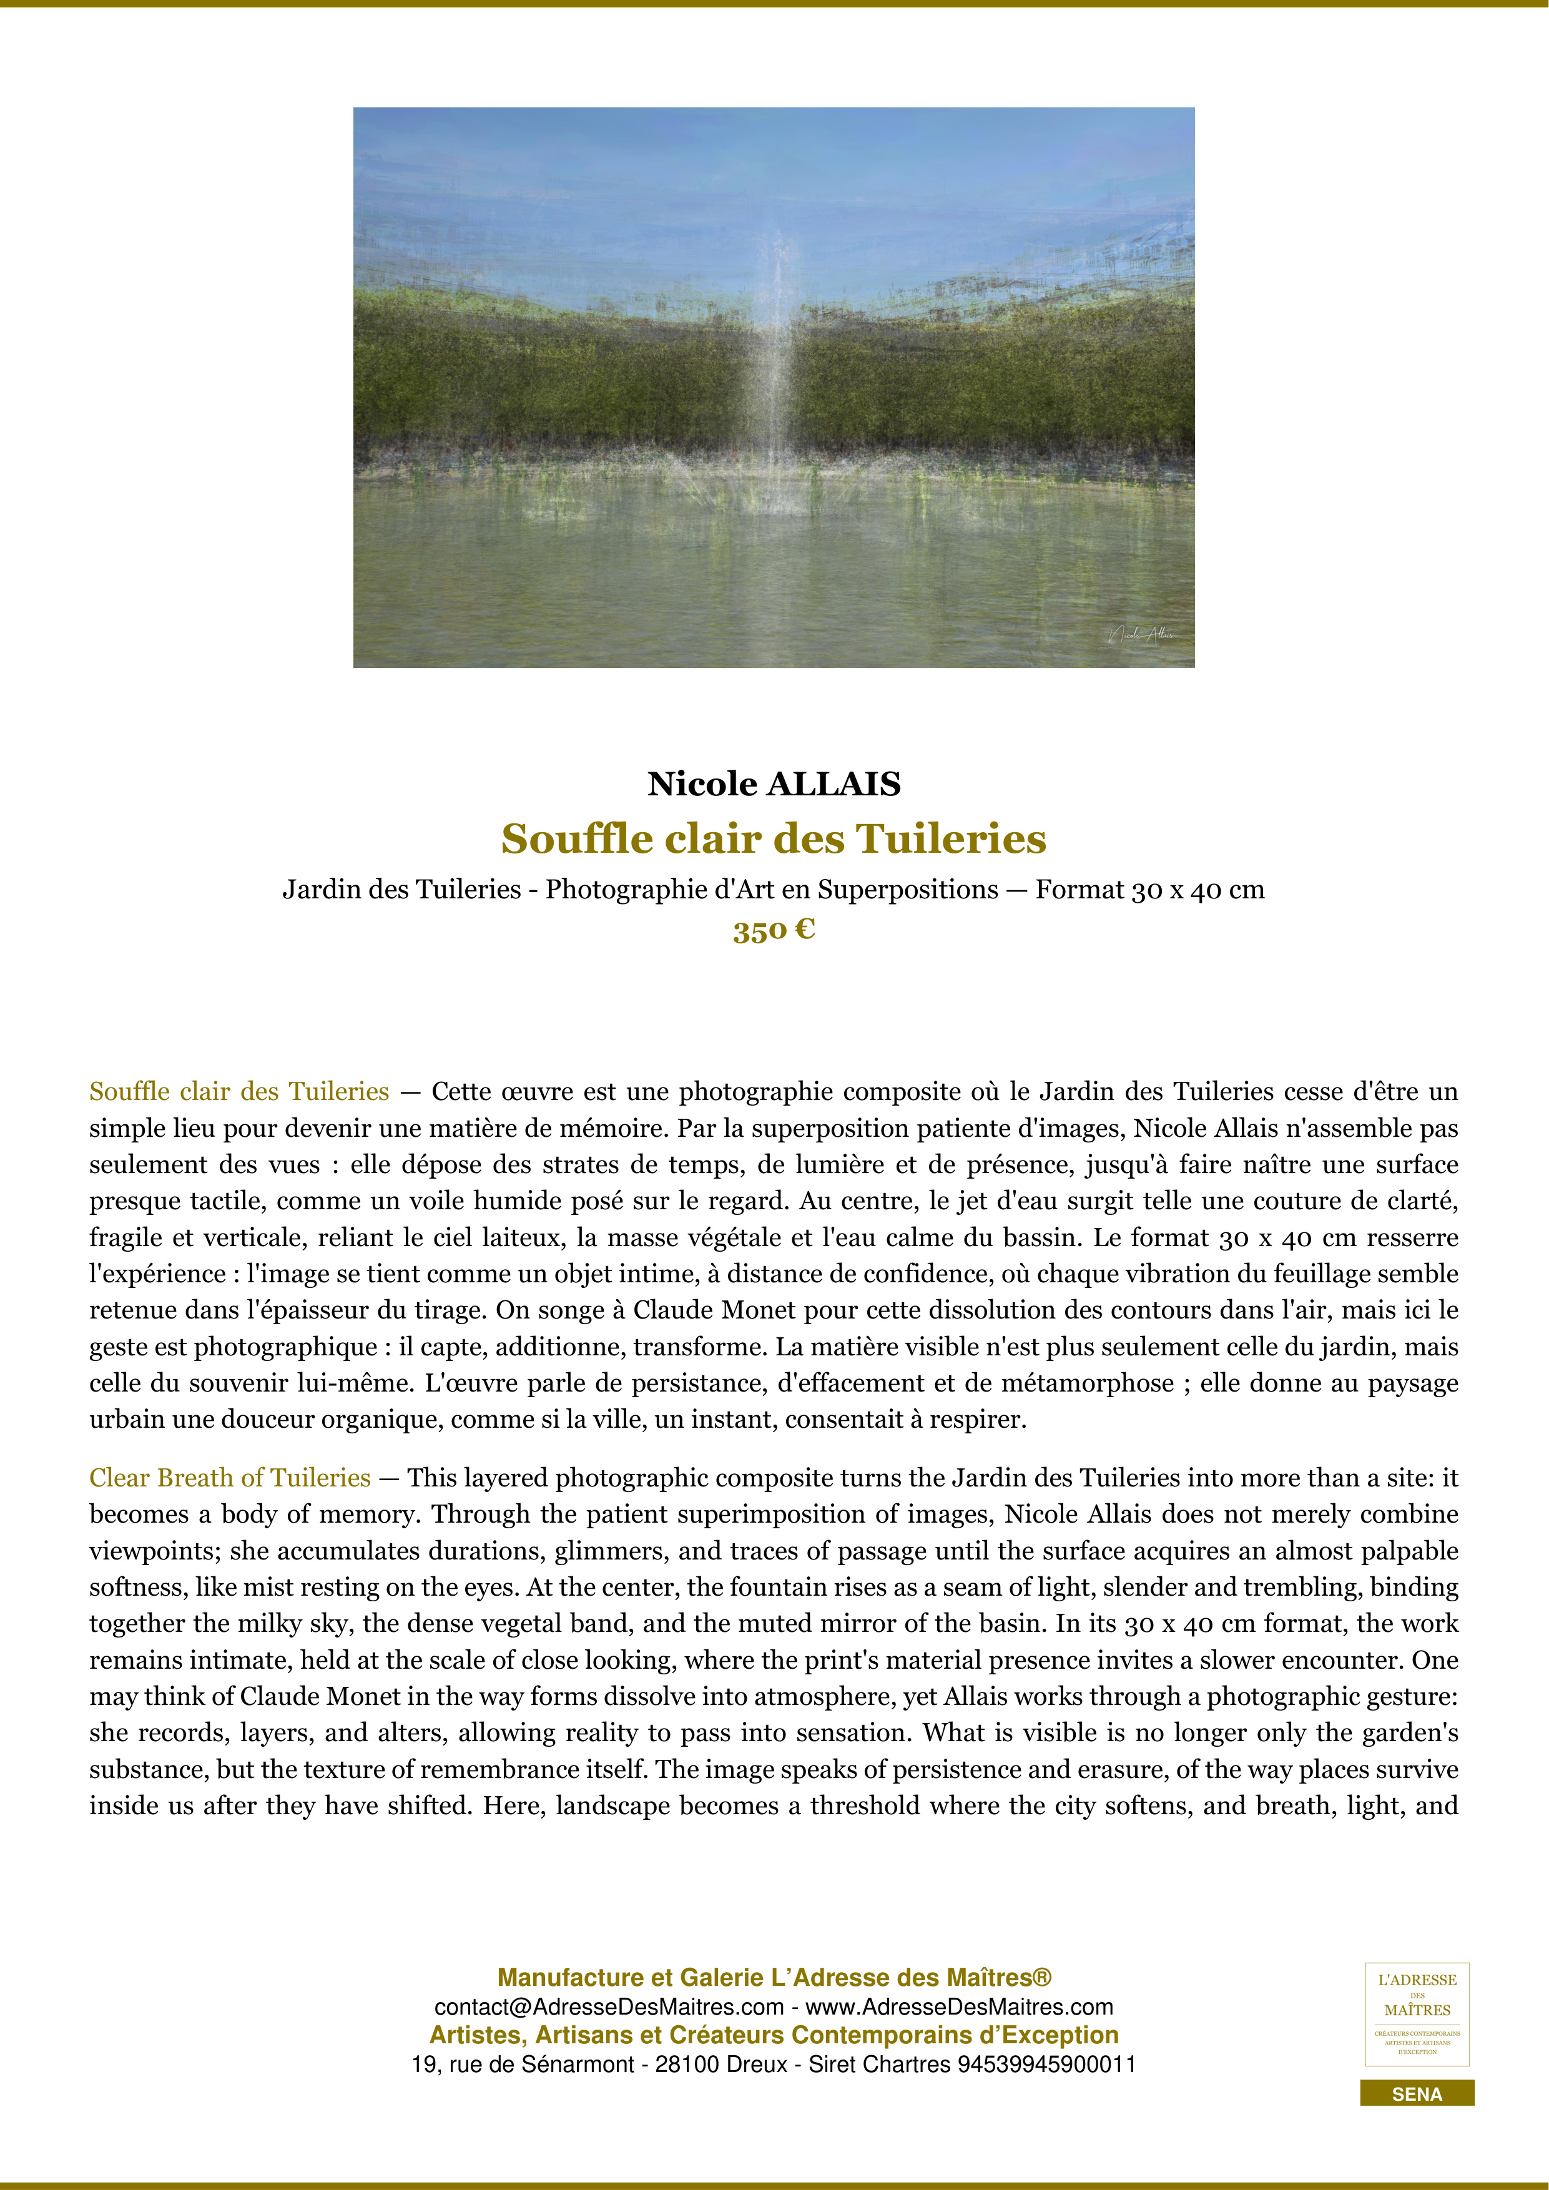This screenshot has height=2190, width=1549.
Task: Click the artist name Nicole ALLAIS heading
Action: pos(774,784)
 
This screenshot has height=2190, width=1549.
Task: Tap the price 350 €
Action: pos(774,930)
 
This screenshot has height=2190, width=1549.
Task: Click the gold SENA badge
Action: pos(1417,2094)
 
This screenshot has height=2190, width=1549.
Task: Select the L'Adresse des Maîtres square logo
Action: pos(1417,2013)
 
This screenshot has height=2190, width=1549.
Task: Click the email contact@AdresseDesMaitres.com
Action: pos(609,2007)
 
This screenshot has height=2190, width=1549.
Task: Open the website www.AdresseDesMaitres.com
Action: pos(960,2007)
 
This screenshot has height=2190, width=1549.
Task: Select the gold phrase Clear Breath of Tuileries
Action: pos(230,1478)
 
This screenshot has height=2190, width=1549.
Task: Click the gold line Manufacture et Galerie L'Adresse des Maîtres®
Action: pos(774,1977)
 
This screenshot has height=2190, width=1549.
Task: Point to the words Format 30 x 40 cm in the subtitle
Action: pos(1149,890)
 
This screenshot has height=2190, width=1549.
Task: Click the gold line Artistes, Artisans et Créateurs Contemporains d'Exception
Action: pos(774,2035)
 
